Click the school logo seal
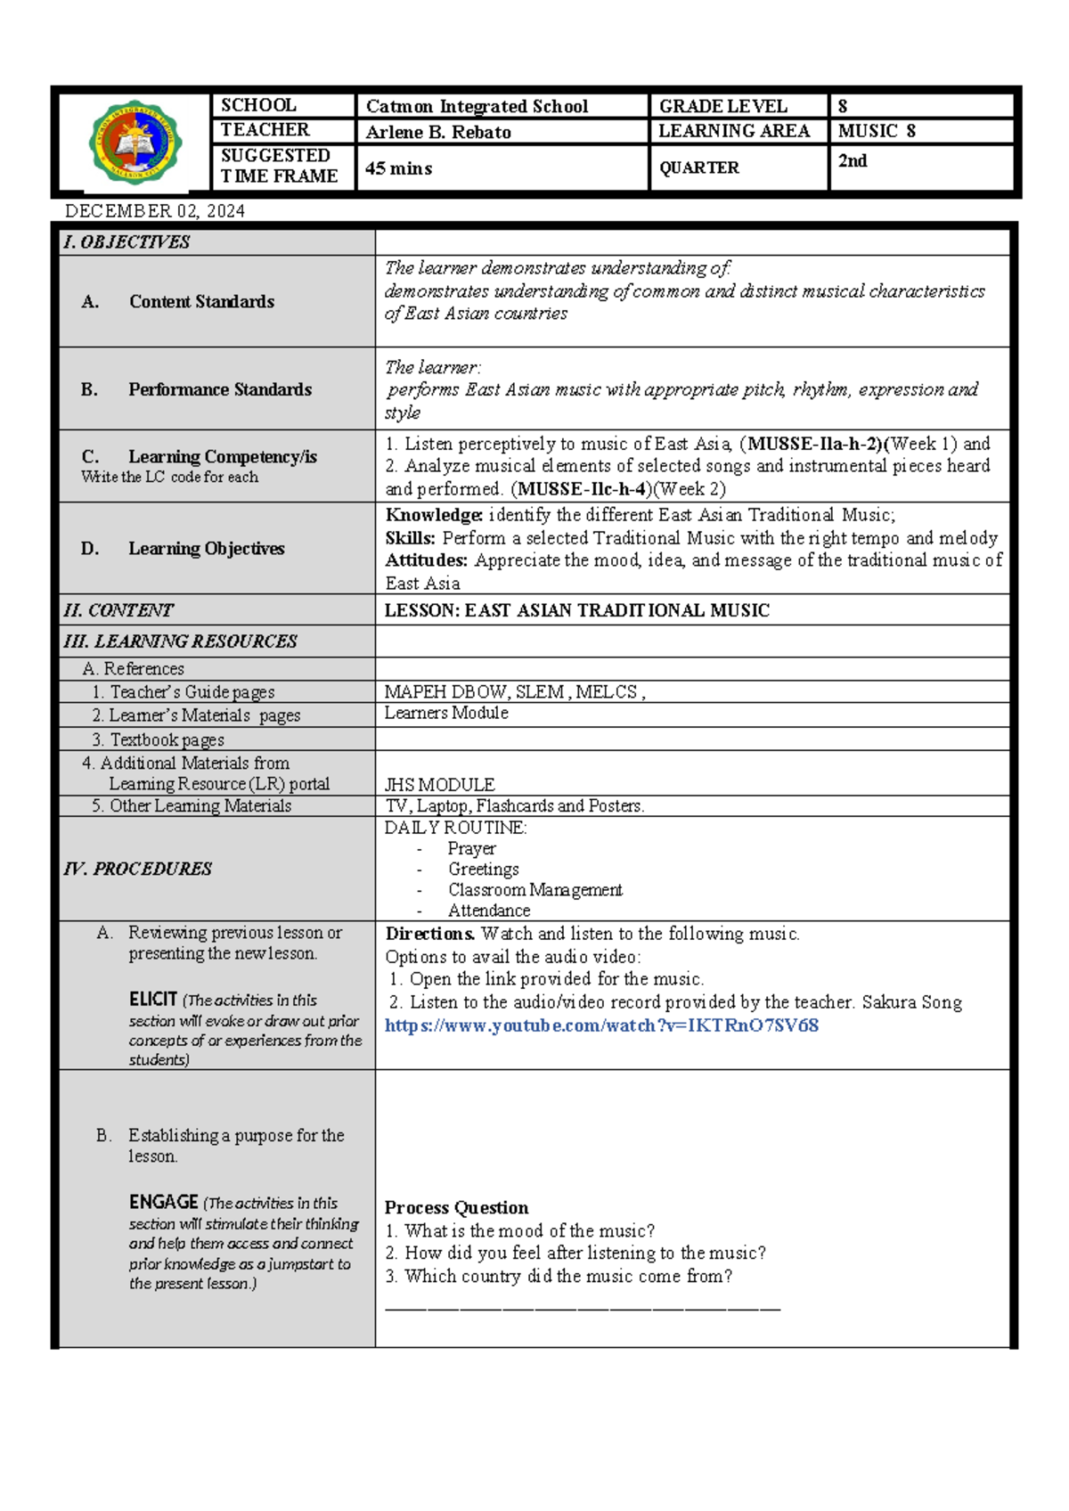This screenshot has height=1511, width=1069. click(135, 142)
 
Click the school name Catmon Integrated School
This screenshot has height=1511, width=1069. click(477, 106)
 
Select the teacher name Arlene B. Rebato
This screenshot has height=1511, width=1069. click(438, 132)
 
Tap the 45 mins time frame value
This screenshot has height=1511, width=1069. click(398, 168)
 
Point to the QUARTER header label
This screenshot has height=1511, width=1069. click(699, 167)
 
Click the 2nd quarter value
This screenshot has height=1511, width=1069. click(853, 161)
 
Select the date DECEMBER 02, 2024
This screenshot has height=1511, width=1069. click(155, 211)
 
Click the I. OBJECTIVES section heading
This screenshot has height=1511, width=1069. click(126, 242)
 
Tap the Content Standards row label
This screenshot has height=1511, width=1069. click(201, 301)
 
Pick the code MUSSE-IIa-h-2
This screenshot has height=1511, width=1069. click(813, 444)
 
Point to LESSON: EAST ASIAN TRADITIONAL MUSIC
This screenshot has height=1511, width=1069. click(576, 610)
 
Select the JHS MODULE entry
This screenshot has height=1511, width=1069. click(439, 785)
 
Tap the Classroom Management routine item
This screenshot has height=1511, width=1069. click(534, 890)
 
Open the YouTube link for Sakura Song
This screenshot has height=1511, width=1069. click(601, 1025)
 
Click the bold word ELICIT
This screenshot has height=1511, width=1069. click(152, 1000)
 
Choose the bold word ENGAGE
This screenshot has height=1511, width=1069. click(163, 1202)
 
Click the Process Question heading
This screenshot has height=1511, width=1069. click(456, 1208)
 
